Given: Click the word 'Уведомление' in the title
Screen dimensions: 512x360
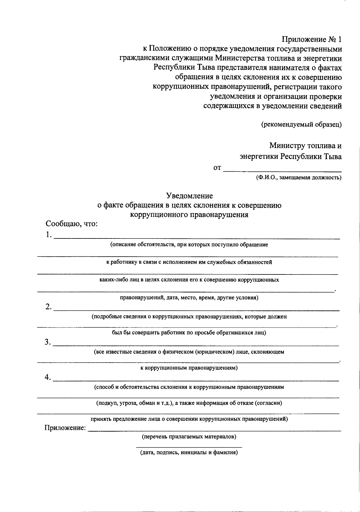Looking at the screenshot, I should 190,196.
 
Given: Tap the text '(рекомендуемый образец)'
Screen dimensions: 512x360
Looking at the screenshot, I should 301,124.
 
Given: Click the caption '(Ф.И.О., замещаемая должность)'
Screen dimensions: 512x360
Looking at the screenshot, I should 298,178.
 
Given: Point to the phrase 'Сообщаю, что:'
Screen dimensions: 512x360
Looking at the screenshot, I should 72,224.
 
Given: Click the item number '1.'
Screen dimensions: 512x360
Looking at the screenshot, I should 49,235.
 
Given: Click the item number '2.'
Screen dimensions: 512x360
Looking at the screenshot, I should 49,307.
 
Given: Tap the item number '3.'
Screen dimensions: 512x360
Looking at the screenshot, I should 48,342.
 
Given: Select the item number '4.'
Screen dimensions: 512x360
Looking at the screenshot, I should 48,377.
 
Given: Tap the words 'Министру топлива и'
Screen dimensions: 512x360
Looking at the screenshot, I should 305,146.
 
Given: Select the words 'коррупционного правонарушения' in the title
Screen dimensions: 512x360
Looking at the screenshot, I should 189,215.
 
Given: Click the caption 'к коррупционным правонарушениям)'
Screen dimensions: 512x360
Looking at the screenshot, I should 189,368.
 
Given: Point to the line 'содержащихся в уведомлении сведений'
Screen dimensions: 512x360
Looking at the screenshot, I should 272,106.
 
